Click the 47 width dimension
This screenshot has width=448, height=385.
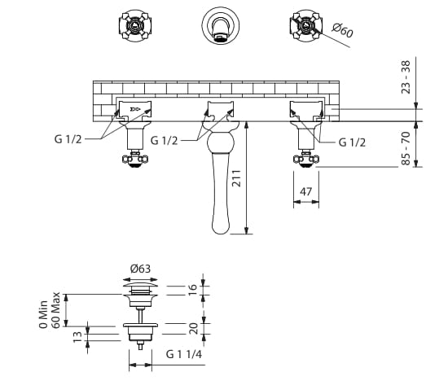[x=305, y=193]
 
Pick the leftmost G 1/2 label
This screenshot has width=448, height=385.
[x=69, y=140]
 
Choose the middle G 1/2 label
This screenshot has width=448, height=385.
[x=165, y=140]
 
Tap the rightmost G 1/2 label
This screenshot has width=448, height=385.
[x=352, y=142]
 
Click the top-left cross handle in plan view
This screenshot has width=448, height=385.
[x=134, y=25]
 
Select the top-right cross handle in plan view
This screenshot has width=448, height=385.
[x=305, y=26]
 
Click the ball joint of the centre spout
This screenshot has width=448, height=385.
[x=221, y=145]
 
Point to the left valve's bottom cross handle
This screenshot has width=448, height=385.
[x=134, y=162]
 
